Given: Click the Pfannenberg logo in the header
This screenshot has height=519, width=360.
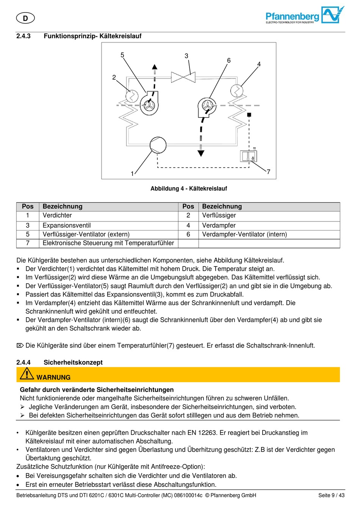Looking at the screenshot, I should pyautogui.click(x=305, y=16).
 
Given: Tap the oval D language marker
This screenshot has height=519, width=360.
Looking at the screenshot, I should pyautogui.click(x=25, y=18).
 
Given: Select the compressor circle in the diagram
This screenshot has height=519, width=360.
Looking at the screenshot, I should pyautogui.click(x=158, y=145).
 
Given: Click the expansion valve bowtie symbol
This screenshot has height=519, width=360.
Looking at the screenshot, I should pyautogui.click(x=183, y=77).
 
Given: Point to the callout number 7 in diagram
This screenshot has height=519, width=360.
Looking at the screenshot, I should pyautogui.click(x=268, y=172).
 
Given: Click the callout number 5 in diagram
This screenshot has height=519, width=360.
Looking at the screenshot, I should pyautogui.click(x=122, y=55).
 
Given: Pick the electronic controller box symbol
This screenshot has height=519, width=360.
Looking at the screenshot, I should pyautogui.click(x=248, y=156).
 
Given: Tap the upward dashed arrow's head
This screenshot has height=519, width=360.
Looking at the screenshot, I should pyautogui.click(x=155, y=67).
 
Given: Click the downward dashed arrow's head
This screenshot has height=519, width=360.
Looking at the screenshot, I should pyautogui.click(x=201, y=153).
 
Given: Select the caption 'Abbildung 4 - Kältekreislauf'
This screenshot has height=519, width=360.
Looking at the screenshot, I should pyautogui.click(x=189, y=188).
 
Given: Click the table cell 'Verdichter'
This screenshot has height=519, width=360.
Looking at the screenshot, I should pyautogui.click(x=57, y=215).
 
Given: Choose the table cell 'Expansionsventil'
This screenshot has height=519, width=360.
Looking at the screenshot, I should pyautogui.click(x=67, y=225).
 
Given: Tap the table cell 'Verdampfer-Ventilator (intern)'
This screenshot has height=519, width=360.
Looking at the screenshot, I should pyautogui.click(x=244, y=234).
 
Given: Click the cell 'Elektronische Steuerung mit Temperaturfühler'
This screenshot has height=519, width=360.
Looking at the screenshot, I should pyautogui.click(x=108, y=243).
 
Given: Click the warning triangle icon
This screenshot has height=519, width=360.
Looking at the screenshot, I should pyautogui.click(x=27, y=374).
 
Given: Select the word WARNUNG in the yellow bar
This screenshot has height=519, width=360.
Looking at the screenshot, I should pyautogui.click(x=53, y=377).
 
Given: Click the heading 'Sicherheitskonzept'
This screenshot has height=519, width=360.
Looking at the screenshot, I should pyautogui.click(x=73, y=362).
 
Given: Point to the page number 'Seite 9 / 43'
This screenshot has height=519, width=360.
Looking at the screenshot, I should pyautogui.click(x=331, y=495).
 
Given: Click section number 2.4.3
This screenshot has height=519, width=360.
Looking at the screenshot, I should pyautogui.click(x=23, y=36).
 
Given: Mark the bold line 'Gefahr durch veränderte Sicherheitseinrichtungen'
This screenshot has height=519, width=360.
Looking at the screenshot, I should pyautogui.click(x=97, y=389).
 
